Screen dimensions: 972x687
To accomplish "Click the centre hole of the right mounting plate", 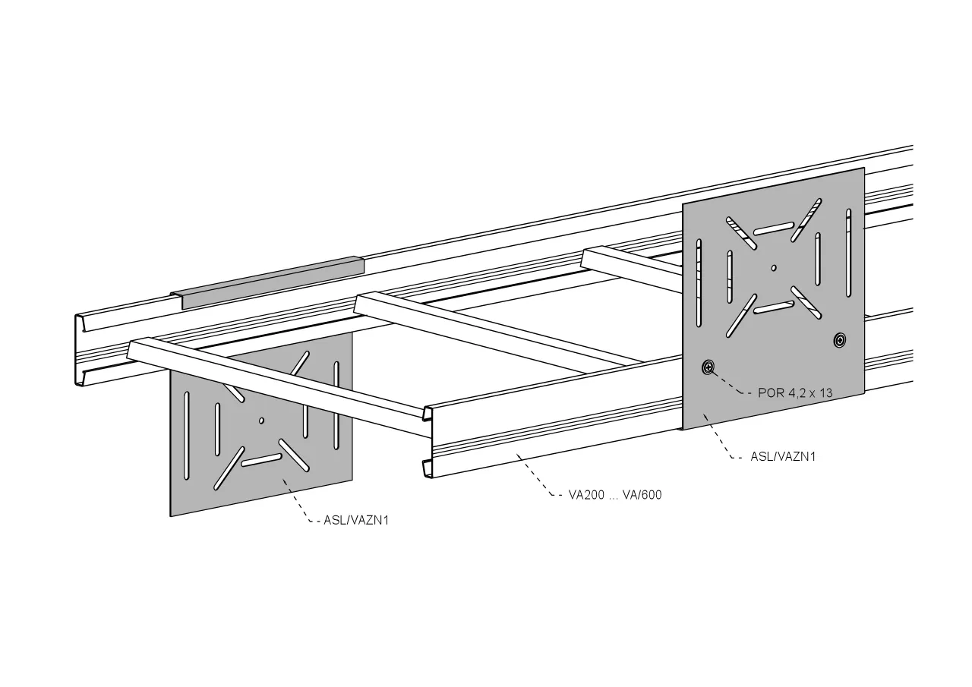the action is coord(774,268).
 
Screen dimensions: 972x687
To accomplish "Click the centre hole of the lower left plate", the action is coord(261,421).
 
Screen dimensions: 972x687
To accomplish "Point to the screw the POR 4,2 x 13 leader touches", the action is coord(708,367).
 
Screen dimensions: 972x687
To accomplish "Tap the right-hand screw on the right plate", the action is coord(840,340).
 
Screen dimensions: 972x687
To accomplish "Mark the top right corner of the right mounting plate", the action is coord(864,168).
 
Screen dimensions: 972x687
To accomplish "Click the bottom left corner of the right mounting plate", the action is coord(683,430).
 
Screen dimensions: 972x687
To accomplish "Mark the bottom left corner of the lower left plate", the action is coord(170,516).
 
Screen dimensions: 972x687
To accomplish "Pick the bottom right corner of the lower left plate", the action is coord(352,479).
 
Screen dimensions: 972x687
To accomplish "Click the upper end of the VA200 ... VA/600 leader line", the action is coord(517,455).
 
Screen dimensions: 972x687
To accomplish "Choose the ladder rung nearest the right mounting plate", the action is coord(632,269).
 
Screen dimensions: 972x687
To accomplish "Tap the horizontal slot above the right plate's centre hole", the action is coord(774,228).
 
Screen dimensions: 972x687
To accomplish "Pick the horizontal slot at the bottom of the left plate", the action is coord(262,460).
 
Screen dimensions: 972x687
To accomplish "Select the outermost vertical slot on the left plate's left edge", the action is coord(187,436).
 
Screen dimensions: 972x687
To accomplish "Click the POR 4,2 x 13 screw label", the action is coord(795,393).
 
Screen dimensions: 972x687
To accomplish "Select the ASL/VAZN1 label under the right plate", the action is coord(783,457).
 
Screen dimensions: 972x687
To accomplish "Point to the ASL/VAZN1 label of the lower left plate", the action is coord(356,521).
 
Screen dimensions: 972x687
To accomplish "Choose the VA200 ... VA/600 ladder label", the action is coord(615,495).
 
